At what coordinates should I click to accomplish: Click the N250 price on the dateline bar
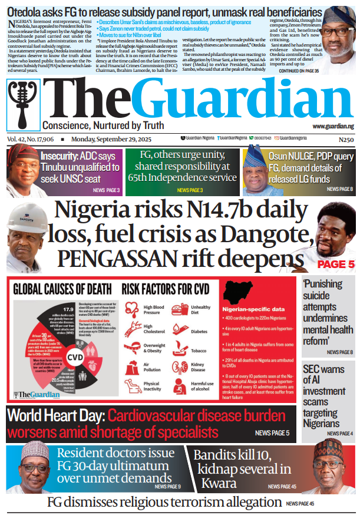[x=346, y=140]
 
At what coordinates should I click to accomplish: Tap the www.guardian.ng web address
[x=333, y=127]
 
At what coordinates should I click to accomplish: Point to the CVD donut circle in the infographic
[x=74, y=357]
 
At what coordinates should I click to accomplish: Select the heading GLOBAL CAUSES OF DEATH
[x=62, y=289]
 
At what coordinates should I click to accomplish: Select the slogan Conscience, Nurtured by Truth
[x=103, y=125]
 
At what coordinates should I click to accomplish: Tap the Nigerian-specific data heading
[x=255, y=309]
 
